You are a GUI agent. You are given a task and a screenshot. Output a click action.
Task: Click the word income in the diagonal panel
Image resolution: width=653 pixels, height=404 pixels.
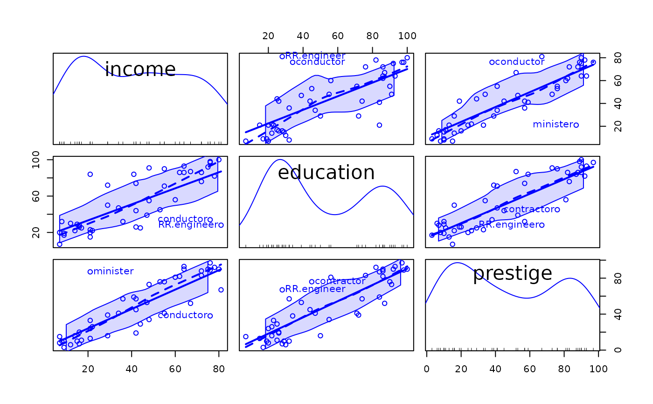140,70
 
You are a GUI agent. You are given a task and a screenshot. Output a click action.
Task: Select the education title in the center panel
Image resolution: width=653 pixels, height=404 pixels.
326,173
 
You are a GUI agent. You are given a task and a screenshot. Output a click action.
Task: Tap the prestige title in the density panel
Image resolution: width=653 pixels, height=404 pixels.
512,273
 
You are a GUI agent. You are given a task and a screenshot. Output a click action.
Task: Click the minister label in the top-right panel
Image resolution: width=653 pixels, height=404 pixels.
552,124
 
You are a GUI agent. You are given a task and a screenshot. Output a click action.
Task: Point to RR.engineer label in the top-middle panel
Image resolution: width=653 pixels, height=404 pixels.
315,56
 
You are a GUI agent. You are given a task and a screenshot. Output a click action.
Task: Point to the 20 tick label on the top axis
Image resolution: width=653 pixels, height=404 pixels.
268,36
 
